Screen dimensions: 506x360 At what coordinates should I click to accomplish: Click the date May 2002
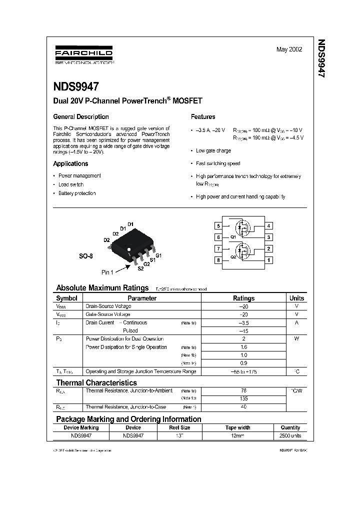coord(289,49)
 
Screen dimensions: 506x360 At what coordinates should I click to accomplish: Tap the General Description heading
coord(81,116)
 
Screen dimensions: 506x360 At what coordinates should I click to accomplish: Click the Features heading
coord(203,116)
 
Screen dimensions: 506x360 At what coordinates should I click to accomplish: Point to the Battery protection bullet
coord(77,193)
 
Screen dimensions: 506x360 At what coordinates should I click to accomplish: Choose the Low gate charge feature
coord(213,150)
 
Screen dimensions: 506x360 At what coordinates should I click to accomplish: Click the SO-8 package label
coord(86,256)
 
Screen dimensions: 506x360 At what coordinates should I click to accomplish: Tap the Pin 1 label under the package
coord(108,272)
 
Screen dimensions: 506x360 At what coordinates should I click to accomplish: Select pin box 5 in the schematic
coord(218,226)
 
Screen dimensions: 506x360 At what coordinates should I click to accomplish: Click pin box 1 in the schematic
coord(268,260)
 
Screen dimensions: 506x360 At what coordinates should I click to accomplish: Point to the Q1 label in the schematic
coord(233,237)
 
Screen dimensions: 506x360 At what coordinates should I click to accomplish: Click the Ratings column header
coord(243,298)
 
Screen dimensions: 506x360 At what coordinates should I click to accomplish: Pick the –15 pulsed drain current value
coord(243,331)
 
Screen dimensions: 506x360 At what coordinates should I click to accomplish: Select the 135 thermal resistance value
coord(243,398)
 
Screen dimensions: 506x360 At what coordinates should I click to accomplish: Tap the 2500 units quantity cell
coord(290,436)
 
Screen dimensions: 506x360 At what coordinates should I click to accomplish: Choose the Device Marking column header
coord(81,427)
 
